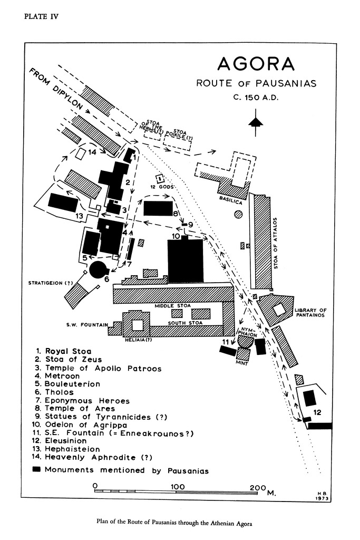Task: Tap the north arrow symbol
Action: point(256,121)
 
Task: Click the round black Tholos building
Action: point(98,269)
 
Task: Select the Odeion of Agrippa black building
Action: point(185,261)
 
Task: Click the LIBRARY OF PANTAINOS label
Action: point(311,312)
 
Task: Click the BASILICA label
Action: point(230,201)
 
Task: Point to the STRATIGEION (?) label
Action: point(51,283)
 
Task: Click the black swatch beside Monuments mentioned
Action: point(36,469)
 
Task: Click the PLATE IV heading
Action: point(41,16)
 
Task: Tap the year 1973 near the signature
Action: point(323,498)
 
